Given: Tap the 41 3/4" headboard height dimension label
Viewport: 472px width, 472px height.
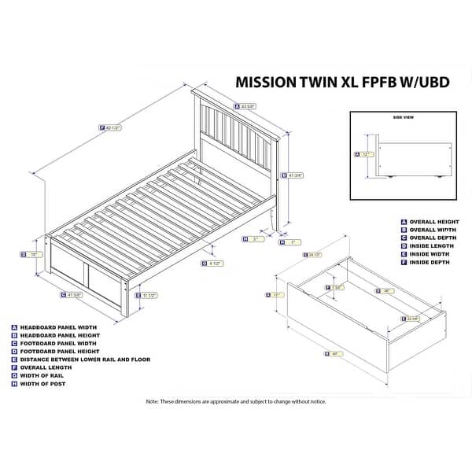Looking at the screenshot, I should coord(298,177).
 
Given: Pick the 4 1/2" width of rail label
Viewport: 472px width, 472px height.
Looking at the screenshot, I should coord(214,263).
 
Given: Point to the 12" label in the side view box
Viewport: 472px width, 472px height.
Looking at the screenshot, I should coord(367,155).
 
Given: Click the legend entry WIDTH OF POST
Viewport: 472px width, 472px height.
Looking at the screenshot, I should coord(42,384).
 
